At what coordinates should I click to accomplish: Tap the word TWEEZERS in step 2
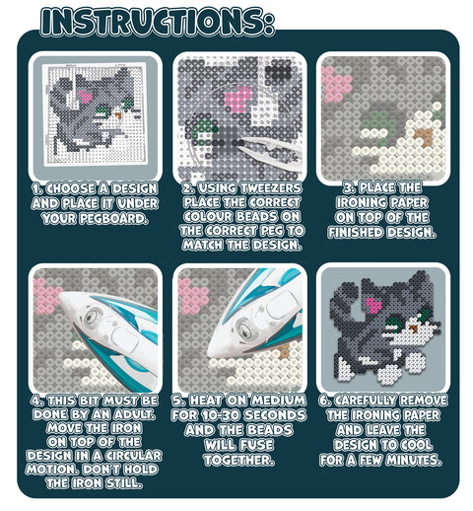(271, 188)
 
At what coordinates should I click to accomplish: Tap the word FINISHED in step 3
(356, 233)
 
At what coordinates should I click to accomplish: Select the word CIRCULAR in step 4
(133, 456)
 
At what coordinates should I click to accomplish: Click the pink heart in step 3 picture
(336, 84)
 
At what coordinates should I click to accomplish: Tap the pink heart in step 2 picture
(238, 99)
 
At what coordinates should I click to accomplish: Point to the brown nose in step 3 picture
(424, 136)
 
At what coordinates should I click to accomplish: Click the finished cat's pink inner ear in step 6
(373, 306)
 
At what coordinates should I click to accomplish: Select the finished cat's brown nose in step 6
(414, 328)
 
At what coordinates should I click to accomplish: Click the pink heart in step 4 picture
(46, 295)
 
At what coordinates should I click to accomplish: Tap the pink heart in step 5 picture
(192, 296)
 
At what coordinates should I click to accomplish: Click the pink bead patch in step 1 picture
(86, 97)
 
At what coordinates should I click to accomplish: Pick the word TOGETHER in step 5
(238, 460)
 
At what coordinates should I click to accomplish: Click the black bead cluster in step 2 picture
(278, 73)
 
